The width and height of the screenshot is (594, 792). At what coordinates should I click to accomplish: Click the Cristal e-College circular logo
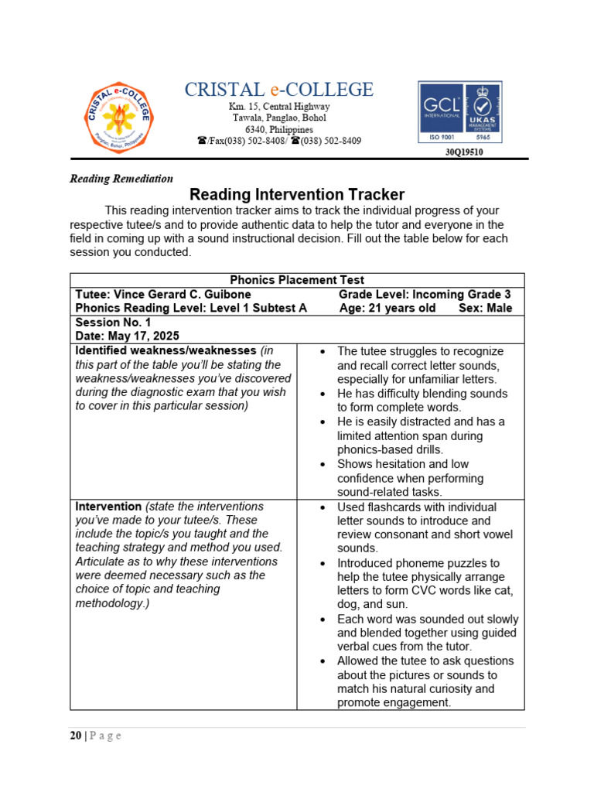click(118, 118)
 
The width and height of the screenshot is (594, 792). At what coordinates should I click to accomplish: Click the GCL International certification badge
click(459, 113)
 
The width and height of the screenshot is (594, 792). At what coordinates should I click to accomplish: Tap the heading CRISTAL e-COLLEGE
click(278, 90)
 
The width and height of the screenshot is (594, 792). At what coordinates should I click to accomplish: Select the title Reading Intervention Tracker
click(297, 195)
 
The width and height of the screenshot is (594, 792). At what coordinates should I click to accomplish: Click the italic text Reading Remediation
click(121, 179)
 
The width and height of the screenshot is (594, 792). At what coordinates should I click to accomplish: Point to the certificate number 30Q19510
click(464, 152)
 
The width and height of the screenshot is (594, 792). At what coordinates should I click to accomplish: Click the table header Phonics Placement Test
click(297, 280)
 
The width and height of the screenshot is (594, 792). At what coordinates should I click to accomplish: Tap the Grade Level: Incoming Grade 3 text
click(425, 295)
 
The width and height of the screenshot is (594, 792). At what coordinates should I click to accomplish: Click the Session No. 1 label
click(113, 322)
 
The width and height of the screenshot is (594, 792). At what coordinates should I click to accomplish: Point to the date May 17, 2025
click(127, 336)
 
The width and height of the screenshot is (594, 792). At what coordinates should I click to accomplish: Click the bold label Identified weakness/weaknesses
click(166, 350)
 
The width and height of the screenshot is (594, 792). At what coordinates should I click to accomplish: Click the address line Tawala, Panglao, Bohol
click(279, 118)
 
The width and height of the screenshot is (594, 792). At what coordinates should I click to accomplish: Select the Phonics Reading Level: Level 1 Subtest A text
click(191, 308)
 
